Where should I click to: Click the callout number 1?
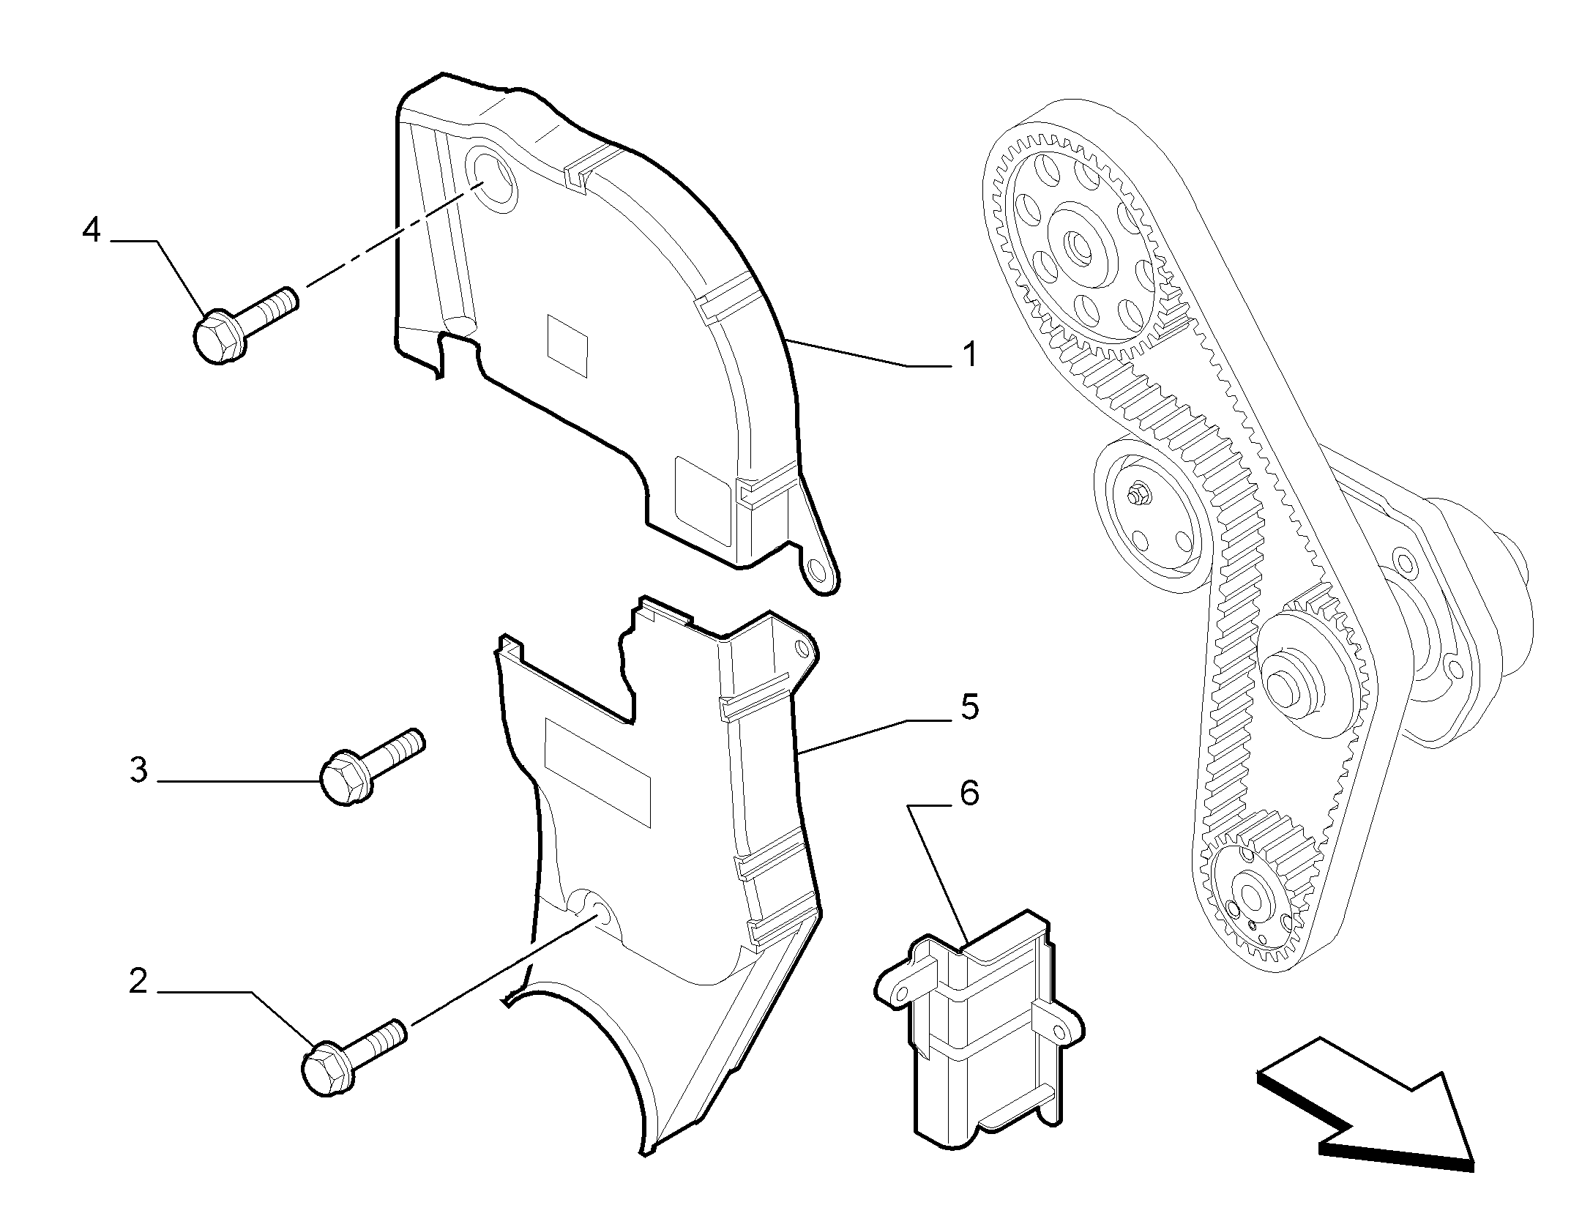(969, 356)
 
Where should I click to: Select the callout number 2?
(138, 981)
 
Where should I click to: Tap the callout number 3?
(138, 770)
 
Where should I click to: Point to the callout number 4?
(91, 230)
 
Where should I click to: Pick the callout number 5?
(969, 708)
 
